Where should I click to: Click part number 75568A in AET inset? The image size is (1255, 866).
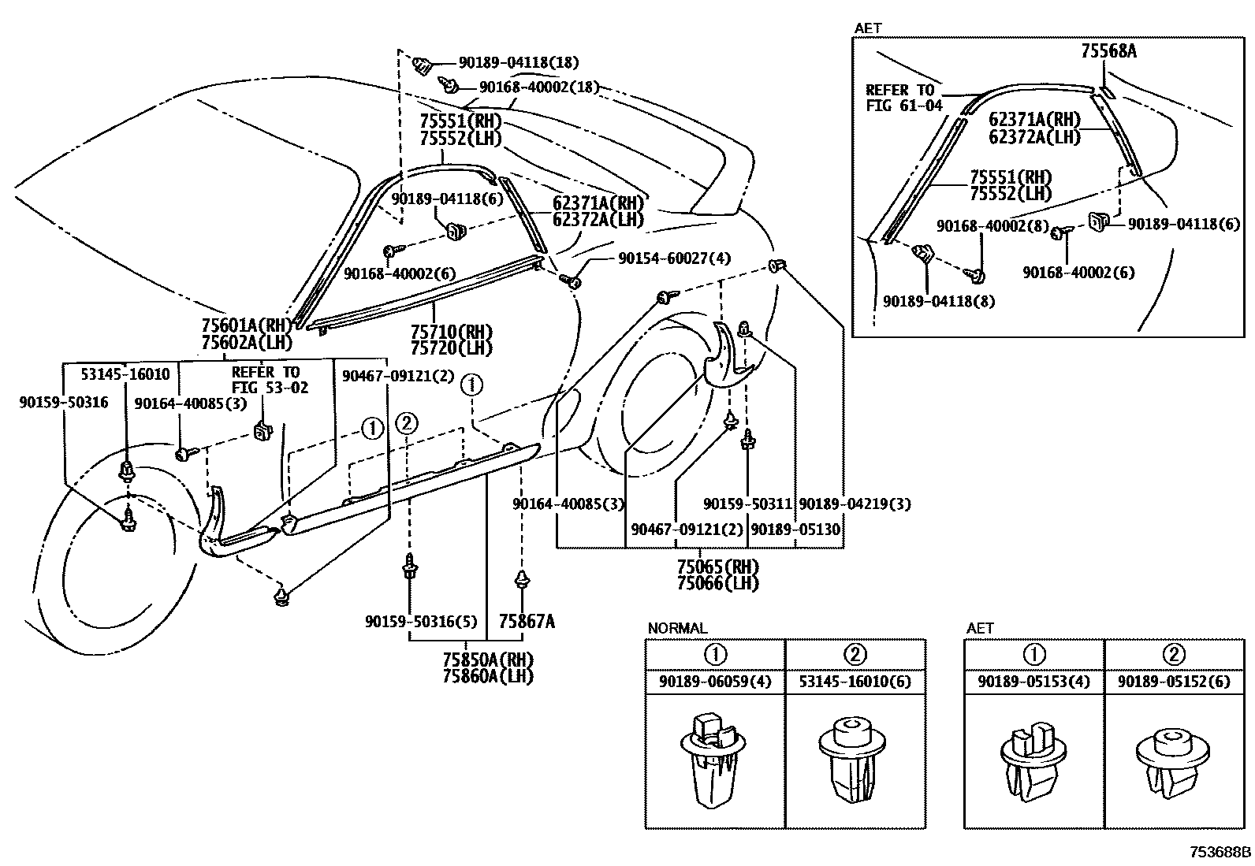[x=1108, y=52]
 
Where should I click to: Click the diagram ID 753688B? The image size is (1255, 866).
[x=1220, y=852]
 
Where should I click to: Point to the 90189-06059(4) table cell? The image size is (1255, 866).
[x=715, y=682]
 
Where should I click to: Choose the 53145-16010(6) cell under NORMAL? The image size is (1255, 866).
[x=855, y=682]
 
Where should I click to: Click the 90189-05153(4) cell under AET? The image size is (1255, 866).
[x=1033, y=682]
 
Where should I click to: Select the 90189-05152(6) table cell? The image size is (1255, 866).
[x=1173, y=682]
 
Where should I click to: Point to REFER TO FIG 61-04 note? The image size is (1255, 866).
[x=903, y=98]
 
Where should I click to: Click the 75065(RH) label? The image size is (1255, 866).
[x=717, y=567]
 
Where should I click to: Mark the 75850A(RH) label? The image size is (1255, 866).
[x=487, y=660]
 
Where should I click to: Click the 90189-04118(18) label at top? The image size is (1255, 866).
[x=518, y=61]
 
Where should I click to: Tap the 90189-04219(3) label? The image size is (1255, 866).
[x=855, y=504]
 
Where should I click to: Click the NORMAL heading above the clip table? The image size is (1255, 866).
[x=677, y=628]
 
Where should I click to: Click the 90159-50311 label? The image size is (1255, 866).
[x=747, y=504]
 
